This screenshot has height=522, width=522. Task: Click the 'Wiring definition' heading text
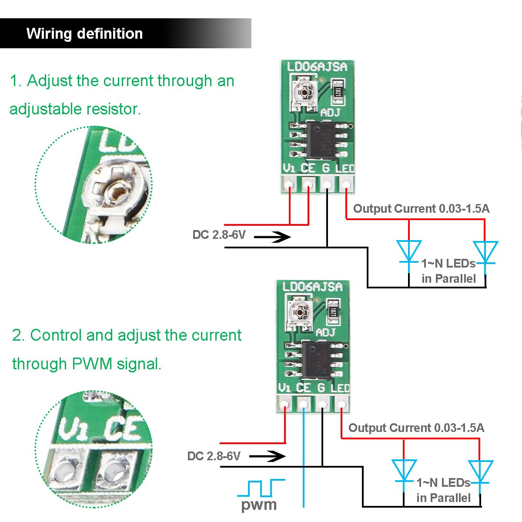click(84, 33)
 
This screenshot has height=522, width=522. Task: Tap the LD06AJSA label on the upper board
click(317, 67)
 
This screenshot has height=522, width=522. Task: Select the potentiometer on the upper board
click(304, 91)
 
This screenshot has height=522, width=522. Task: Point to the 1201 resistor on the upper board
click(338, 90)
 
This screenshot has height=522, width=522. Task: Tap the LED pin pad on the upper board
click(346, 185)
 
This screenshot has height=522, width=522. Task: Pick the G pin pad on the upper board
click(327, 185)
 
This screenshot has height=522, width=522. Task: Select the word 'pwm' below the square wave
click(259, 505)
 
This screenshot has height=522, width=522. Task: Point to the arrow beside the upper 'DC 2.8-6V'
click(272, 237)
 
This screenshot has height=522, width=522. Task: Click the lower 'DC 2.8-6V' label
click(214, 456)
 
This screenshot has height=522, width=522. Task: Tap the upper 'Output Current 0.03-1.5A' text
click(421, 209)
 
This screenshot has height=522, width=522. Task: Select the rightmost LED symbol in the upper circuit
click(485, 253)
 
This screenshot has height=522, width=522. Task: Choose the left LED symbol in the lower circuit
click(404, 471)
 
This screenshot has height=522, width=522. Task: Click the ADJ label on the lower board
click(325, 332)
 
